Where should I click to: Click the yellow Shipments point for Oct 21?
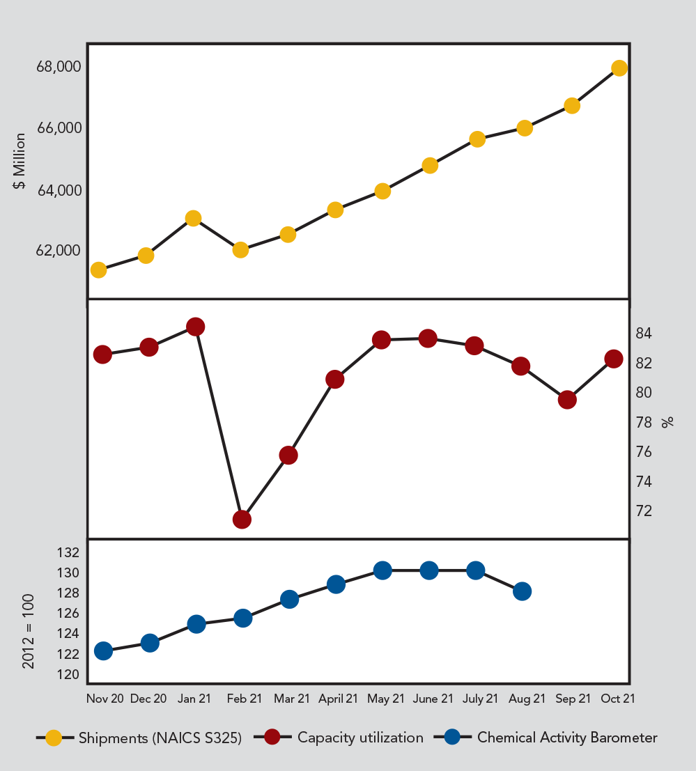point(619,68)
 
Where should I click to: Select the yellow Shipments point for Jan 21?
point(194,218)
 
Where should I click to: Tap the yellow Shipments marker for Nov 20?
point(98,270)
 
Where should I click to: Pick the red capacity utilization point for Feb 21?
point(242,519)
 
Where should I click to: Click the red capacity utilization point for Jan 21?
point(196,327)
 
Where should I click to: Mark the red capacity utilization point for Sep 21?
point(567,400)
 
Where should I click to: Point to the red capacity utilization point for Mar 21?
point(288,455)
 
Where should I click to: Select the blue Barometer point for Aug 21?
point(522,591)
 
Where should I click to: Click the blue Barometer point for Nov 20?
point(103,651)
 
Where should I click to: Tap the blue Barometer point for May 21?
point(382,570)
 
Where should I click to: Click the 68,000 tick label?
point(59,67)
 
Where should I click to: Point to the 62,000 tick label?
point(59,250)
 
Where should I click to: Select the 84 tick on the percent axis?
point(643,334)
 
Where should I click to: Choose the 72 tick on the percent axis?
point(643,511)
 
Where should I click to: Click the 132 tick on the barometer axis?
point(69,553)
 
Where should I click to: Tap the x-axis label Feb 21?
point(245,699)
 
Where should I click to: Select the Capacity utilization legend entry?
point(359,738)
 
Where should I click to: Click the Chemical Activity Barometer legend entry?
point(566,738)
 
